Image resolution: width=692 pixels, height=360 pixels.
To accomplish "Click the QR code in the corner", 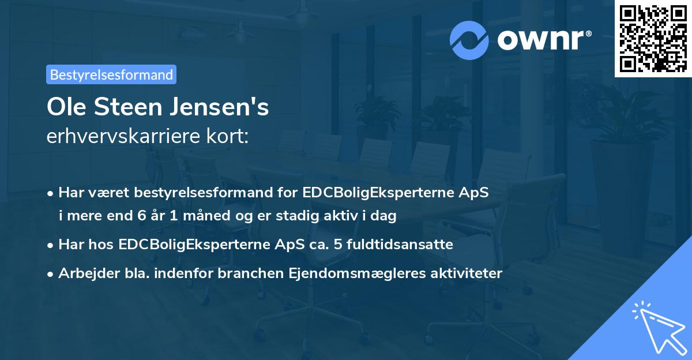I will tap(653, 38).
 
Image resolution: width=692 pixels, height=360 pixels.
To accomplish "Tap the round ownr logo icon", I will tap(469, 39).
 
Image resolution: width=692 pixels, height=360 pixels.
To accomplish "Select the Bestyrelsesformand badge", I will tap(111, 74).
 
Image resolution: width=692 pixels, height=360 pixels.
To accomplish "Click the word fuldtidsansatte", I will tap(401, 245).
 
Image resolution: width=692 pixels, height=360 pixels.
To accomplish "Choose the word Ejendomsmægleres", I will tap(346, 273).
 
